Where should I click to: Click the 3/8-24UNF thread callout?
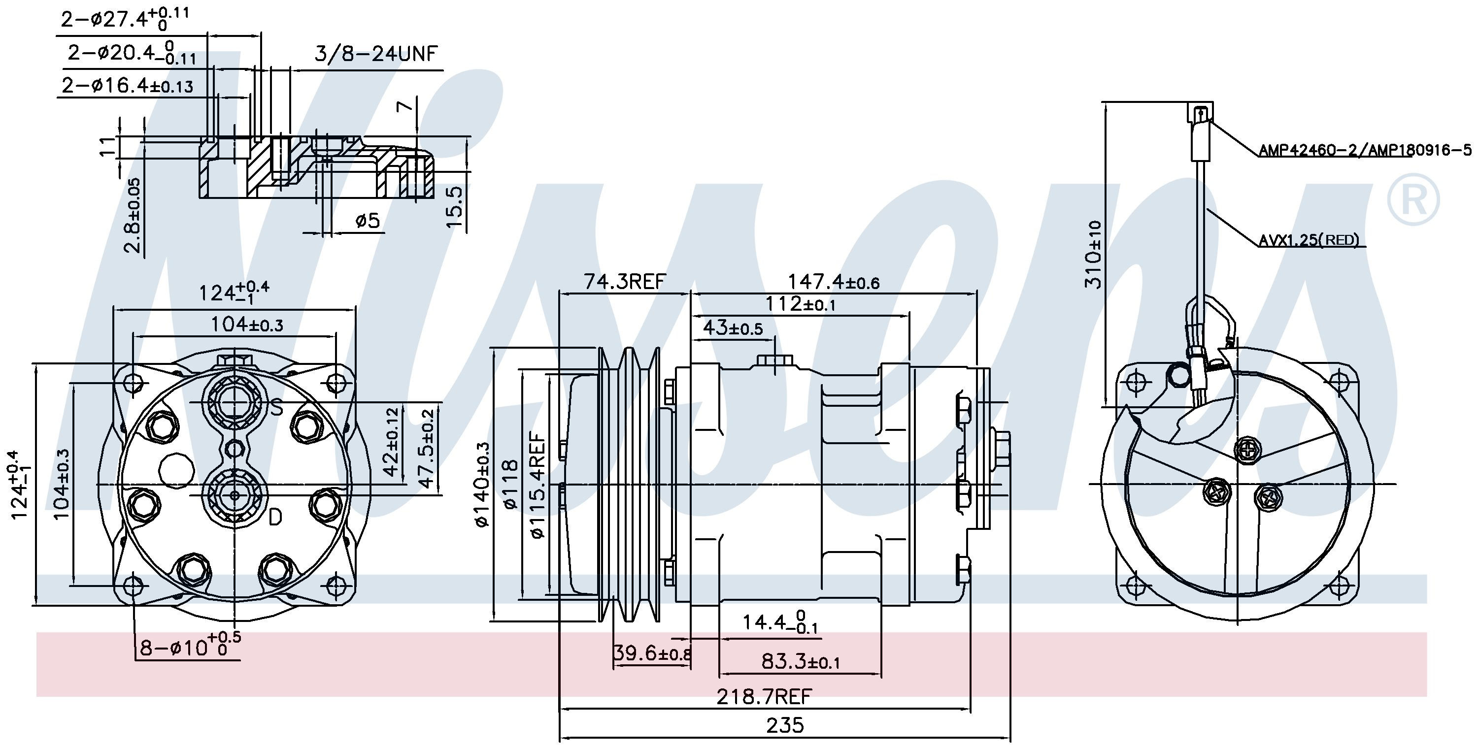(376, 54)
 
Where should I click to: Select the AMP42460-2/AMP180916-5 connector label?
(1366, 150)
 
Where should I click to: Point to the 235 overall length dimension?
(785, 725)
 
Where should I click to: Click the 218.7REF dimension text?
(764, 697)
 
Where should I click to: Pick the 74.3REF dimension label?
(625, 281)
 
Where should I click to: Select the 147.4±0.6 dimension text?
(833, 282)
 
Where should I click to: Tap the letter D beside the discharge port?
(275, 518)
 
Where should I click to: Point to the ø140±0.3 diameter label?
(481, 484)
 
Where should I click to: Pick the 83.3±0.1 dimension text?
(801, 662)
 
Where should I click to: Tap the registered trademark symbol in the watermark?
(1412, 199)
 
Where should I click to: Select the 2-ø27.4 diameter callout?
(125, 18)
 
